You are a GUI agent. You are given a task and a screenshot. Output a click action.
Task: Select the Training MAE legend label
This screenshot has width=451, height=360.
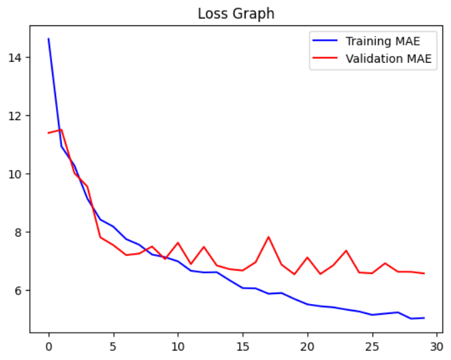(382, 41)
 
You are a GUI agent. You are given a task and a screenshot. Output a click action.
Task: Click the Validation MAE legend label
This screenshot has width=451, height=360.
(388, 59)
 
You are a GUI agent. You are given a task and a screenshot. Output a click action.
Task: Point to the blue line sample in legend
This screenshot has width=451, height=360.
(326, 41)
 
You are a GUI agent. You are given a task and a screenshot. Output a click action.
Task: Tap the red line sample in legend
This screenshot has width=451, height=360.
(326, 59)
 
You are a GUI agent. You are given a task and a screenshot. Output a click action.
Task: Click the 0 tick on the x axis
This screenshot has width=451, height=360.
(49, 347)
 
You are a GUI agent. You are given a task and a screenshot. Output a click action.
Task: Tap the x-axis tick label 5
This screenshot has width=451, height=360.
(113, 347)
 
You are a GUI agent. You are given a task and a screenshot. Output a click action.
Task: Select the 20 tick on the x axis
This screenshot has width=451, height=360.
(307, 347)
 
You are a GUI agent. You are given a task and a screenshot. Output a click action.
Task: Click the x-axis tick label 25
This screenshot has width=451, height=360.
(372, 347)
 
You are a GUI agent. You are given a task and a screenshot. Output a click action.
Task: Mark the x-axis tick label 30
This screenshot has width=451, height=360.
(436, 347)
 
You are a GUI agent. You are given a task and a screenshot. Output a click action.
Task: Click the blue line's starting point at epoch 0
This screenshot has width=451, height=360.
(49, 39)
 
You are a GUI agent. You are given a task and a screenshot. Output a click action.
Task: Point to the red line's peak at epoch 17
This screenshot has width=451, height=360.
(268, 237)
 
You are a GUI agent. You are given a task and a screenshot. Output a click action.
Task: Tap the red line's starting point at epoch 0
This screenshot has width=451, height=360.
(49, 133)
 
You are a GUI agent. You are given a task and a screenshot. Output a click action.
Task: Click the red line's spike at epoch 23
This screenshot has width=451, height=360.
(346, 251)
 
